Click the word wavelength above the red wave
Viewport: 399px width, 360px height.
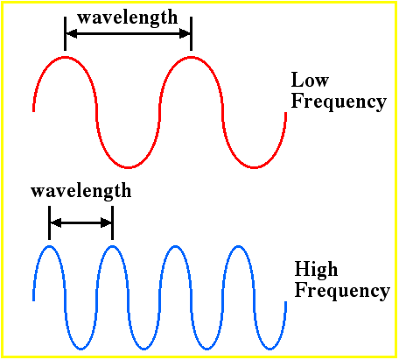[x=128, y=18]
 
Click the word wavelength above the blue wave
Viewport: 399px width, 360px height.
[x=81, y=192]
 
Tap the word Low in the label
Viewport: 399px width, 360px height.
[x=310, y=80]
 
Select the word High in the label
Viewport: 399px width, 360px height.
[x=316, y=269]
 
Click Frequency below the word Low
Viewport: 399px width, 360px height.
[x=339, y=102]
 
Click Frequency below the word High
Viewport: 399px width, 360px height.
[x=342, y=291]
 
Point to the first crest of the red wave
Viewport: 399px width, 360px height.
[x=65, y=58]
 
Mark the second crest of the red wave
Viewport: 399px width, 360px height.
[x=191, y=58]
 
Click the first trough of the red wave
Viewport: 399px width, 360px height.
[x=128, y=167]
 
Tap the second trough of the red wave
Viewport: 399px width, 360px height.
[x=254, y=167]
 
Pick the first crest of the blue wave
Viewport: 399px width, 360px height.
[x=50, y=247]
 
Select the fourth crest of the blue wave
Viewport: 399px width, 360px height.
[x=239, y=247]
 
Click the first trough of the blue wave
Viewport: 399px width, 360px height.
[x=81, y=349]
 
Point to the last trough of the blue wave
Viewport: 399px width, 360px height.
[x=270, y=349]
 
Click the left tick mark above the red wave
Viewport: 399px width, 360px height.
[x=65, y=33]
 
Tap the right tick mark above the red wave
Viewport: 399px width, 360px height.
[x=191, y=33]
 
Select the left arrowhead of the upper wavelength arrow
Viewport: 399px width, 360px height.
[x=72, y=33]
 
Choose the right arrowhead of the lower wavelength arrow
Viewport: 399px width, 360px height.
[x=106, y=222]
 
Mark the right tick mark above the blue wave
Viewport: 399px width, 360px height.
[x=113, y=222]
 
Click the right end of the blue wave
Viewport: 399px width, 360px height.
[x=286, y=302]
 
